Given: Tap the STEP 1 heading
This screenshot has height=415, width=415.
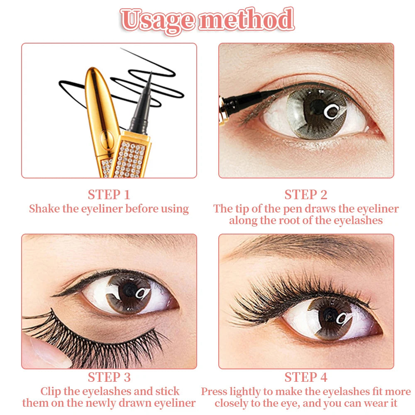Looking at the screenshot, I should coord(109,195).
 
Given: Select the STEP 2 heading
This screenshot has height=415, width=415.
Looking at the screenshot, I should coord(306,195).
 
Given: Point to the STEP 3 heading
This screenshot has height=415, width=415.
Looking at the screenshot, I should coord(109,377).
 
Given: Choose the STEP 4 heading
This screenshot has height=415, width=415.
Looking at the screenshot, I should coord(306,377).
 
